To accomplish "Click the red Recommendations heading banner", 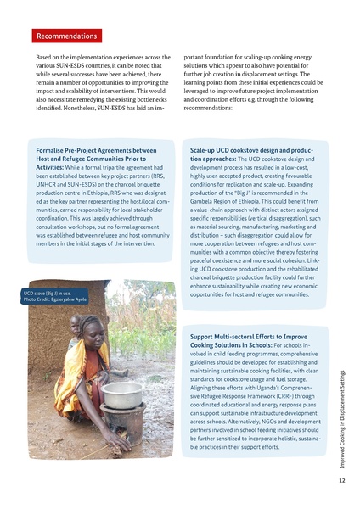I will tap(68, 36).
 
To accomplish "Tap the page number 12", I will tap(341, 479).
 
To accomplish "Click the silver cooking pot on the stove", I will tap(121, 394).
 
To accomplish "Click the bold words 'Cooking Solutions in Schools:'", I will tap(232, 347).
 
